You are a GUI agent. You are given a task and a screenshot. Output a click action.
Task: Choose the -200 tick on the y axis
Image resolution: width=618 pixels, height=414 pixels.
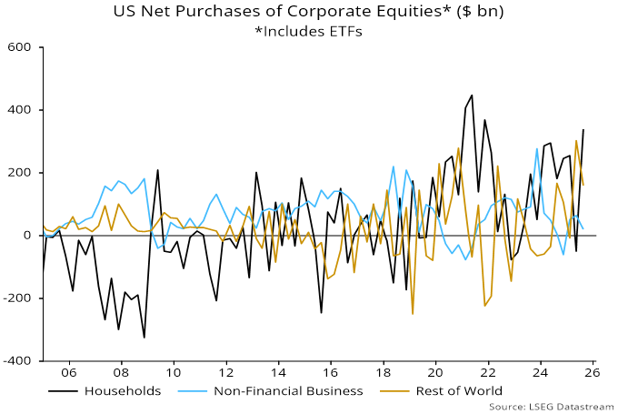(x=18, y=298)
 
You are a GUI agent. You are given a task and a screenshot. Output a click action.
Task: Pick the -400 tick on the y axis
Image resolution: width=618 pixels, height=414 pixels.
(x=18, y=361)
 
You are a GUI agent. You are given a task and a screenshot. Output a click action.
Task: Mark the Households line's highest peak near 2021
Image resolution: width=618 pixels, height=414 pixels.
(x=472, y=95)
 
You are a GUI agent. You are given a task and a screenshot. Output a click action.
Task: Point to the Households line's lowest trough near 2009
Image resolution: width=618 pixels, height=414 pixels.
(x=145, y=338)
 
